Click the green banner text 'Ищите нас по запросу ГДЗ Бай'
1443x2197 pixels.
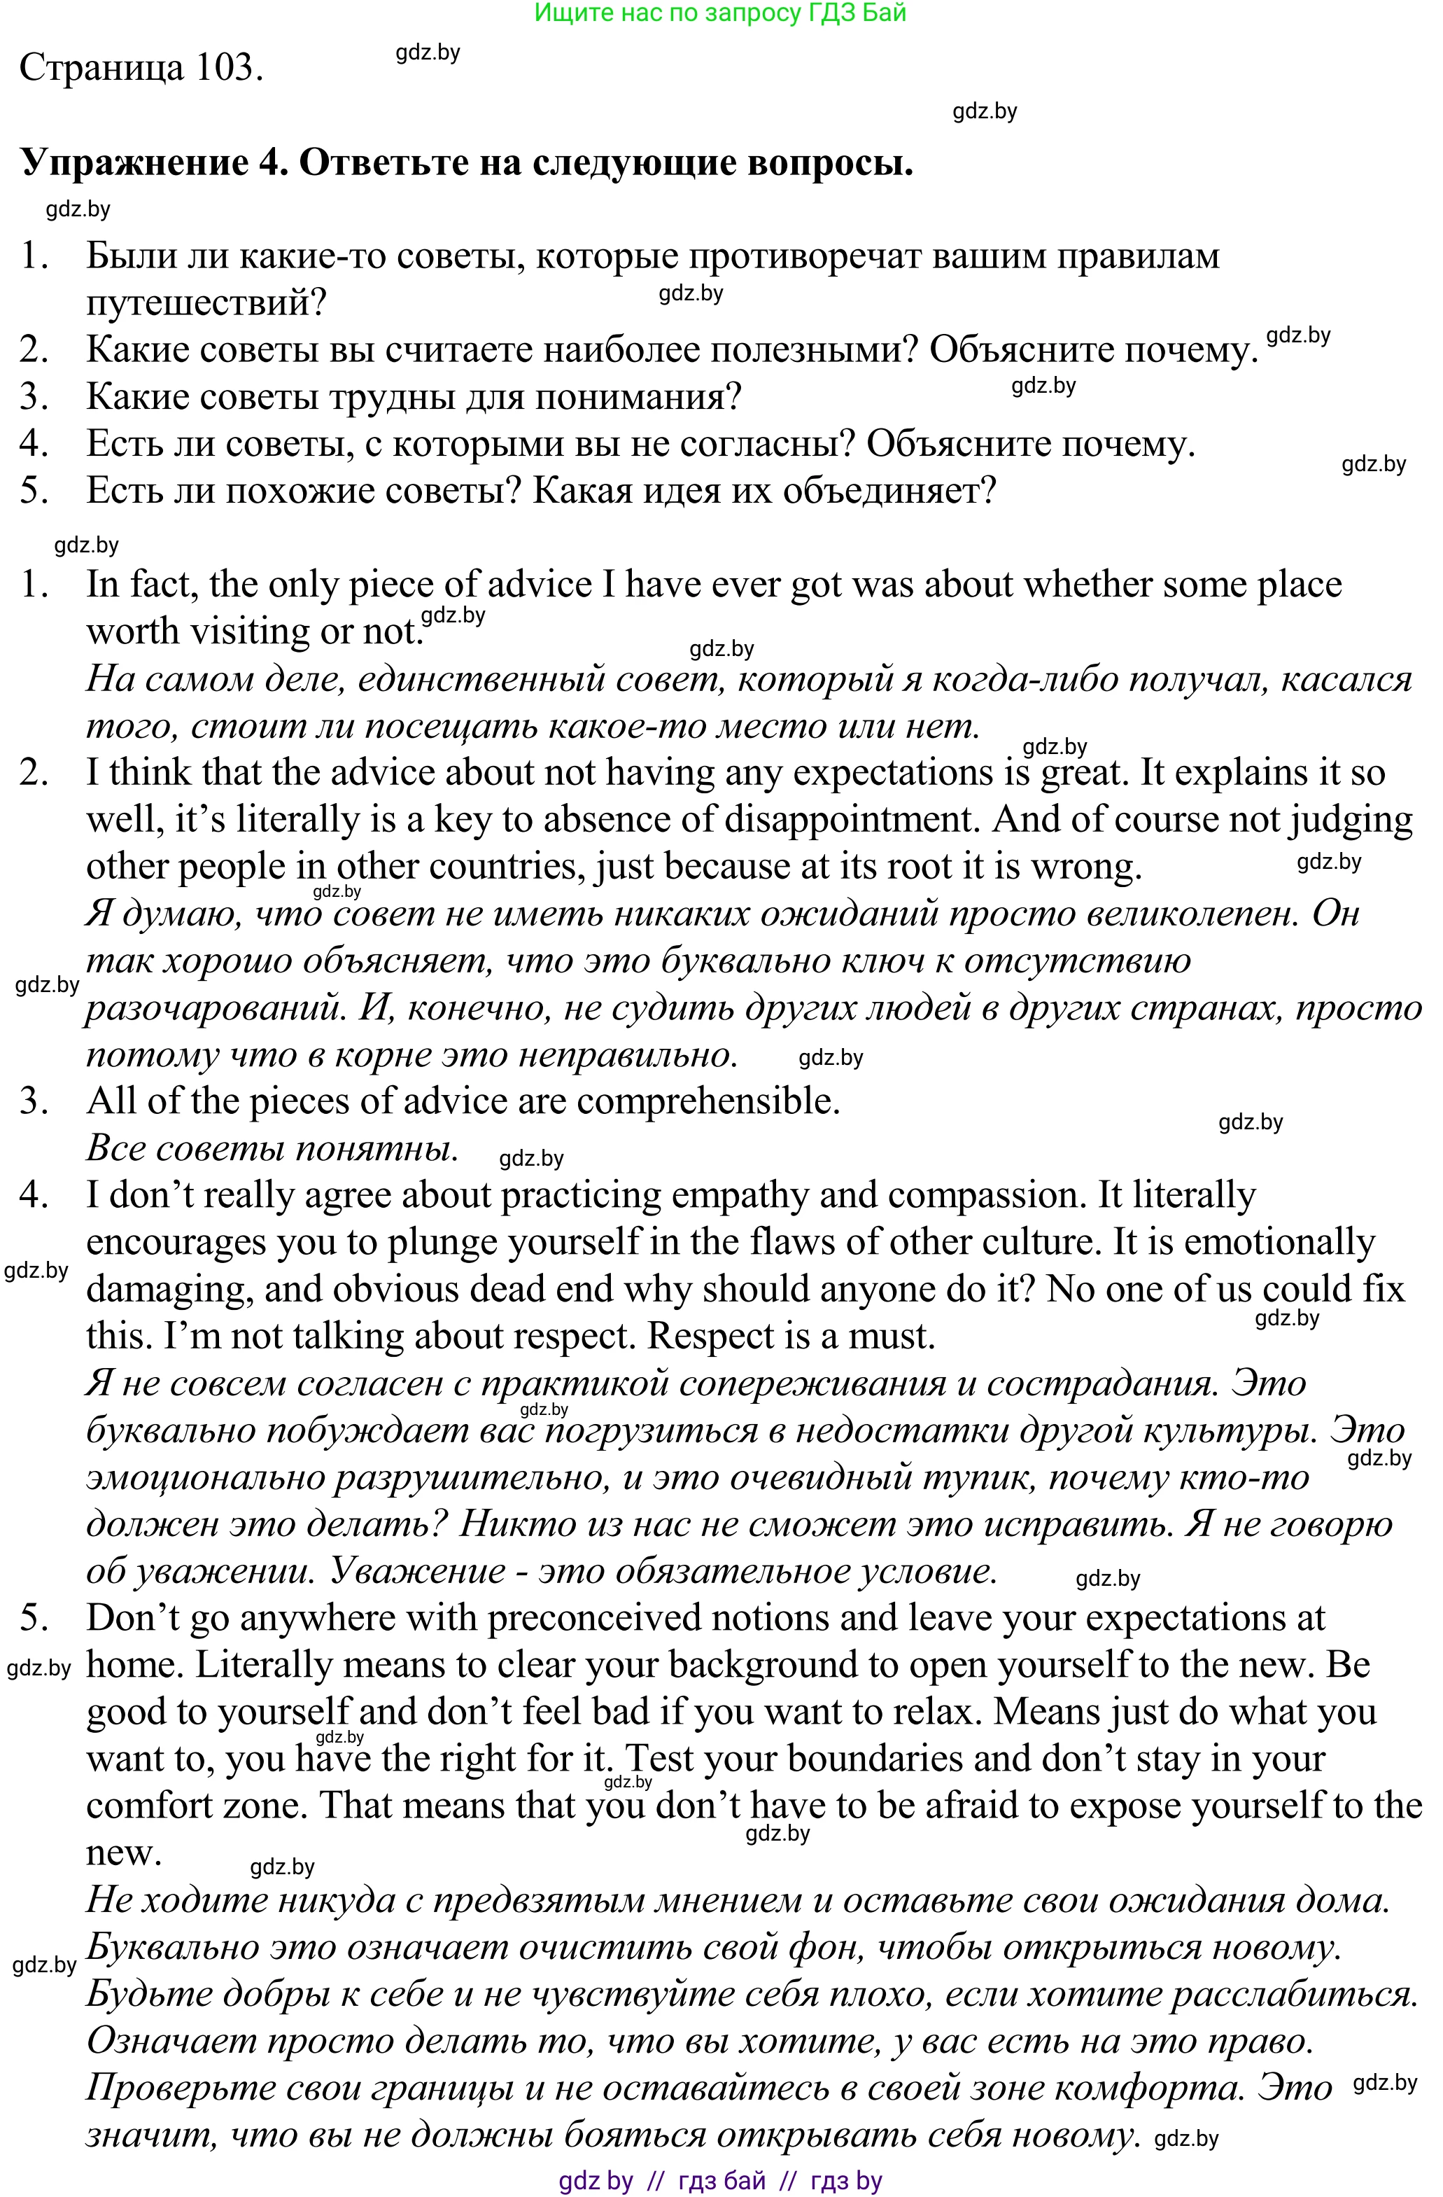tap(721, 13)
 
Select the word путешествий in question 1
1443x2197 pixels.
tap(206, 302)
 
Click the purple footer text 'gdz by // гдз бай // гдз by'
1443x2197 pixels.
tap(721, 2182)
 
